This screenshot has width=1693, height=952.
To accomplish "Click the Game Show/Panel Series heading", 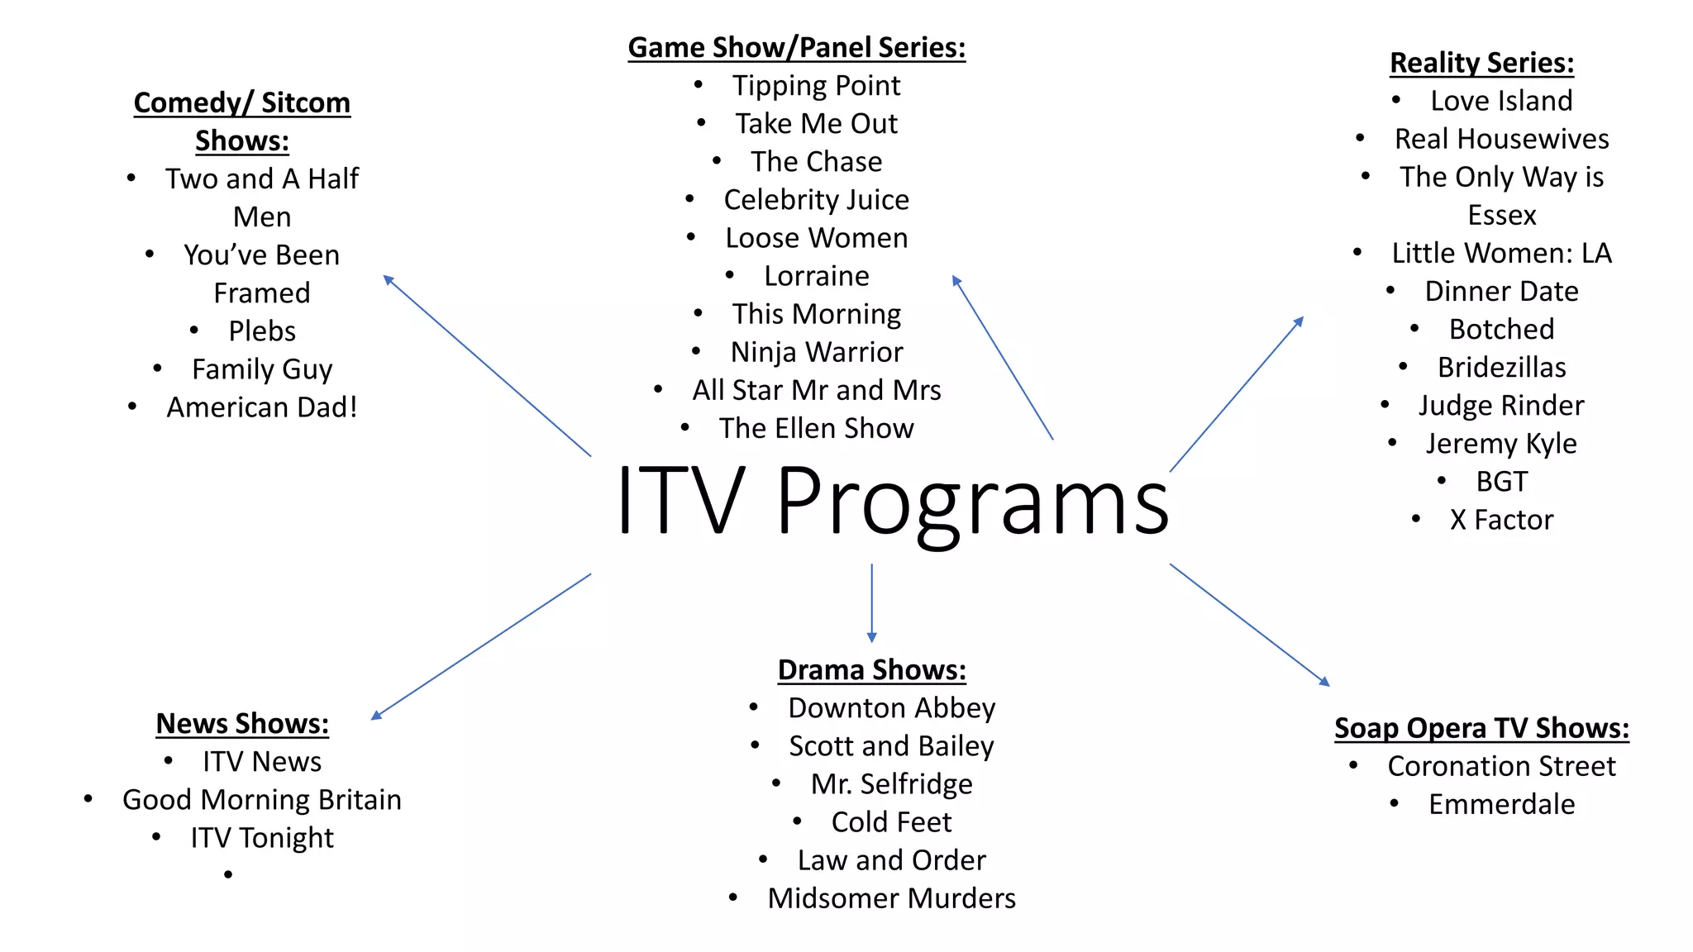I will click(x=796, y=48).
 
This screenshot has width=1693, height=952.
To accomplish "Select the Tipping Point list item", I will click(x=816, y=86).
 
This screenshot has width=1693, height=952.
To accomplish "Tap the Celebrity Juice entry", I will click(x=816, y=200).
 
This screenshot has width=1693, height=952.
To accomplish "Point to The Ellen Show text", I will click(x=816, y=428).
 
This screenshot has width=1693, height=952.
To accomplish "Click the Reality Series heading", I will click(x=1481, y=63).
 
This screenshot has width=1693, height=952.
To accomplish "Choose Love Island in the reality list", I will click(x=1501, y=101).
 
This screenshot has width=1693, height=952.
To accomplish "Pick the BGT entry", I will click(x=1501, y=482).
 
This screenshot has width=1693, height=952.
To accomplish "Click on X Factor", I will click(x=1501, y=520).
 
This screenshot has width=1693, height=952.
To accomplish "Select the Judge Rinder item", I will click(x=1501, y=406).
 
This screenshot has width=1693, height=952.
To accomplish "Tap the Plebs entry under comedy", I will click(x=262, y=331).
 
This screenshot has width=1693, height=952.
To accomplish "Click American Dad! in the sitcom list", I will click(x=262, y=407).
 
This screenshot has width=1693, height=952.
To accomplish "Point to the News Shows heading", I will click(x=242, y=724).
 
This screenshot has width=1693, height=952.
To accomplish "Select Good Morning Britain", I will click(x=262, y=800).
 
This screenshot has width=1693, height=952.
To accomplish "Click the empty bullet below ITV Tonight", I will click(x=228, y=874).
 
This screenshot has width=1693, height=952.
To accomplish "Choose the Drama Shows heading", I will click(x=871, y=670).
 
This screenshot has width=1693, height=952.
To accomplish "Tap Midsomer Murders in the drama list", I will click(x=891, y=898).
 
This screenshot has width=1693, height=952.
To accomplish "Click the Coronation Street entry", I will click(x=1501, y=766).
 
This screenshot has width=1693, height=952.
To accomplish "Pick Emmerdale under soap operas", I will click(x=1501, y=804).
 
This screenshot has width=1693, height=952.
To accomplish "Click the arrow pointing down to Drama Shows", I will click(x=871, y=603).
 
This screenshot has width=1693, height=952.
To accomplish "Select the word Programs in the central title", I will click(x=972, y=501).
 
